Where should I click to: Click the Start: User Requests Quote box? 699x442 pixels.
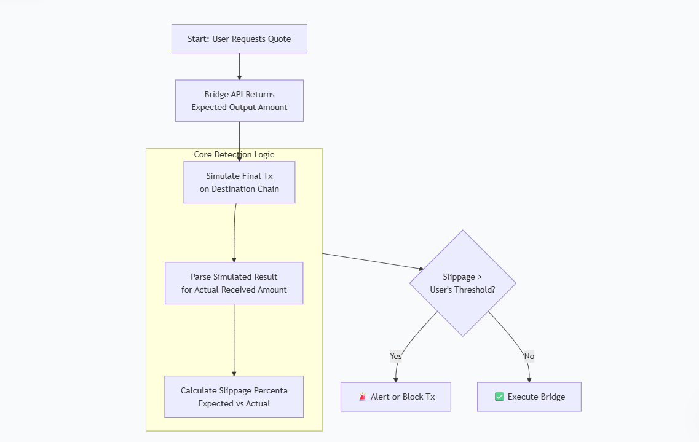239,39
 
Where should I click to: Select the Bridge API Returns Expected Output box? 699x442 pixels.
239,101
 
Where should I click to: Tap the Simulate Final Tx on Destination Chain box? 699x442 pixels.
239,183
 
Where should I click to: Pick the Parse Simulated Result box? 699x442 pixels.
234,283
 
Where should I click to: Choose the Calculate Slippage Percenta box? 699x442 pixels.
234,397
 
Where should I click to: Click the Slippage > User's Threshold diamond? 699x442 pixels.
462,283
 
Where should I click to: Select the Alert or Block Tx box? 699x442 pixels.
396,397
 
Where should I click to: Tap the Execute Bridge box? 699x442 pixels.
529,397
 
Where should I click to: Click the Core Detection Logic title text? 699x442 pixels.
234,154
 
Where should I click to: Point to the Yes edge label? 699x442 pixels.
396,356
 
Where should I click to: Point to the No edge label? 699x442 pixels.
529,356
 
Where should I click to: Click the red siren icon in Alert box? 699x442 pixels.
363,397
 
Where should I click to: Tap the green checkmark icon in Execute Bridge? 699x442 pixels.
499,397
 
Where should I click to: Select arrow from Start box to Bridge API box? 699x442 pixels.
239,66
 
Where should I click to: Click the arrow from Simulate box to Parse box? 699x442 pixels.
234,234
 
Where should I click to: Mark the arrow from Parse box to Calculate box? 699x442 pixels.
234,340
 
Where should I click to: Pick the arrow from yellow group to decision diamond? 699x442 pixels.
372,261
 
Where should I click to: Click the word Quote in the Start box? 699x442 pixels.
279,39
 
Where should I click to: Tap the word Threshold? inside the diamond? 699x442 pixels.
475,290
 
